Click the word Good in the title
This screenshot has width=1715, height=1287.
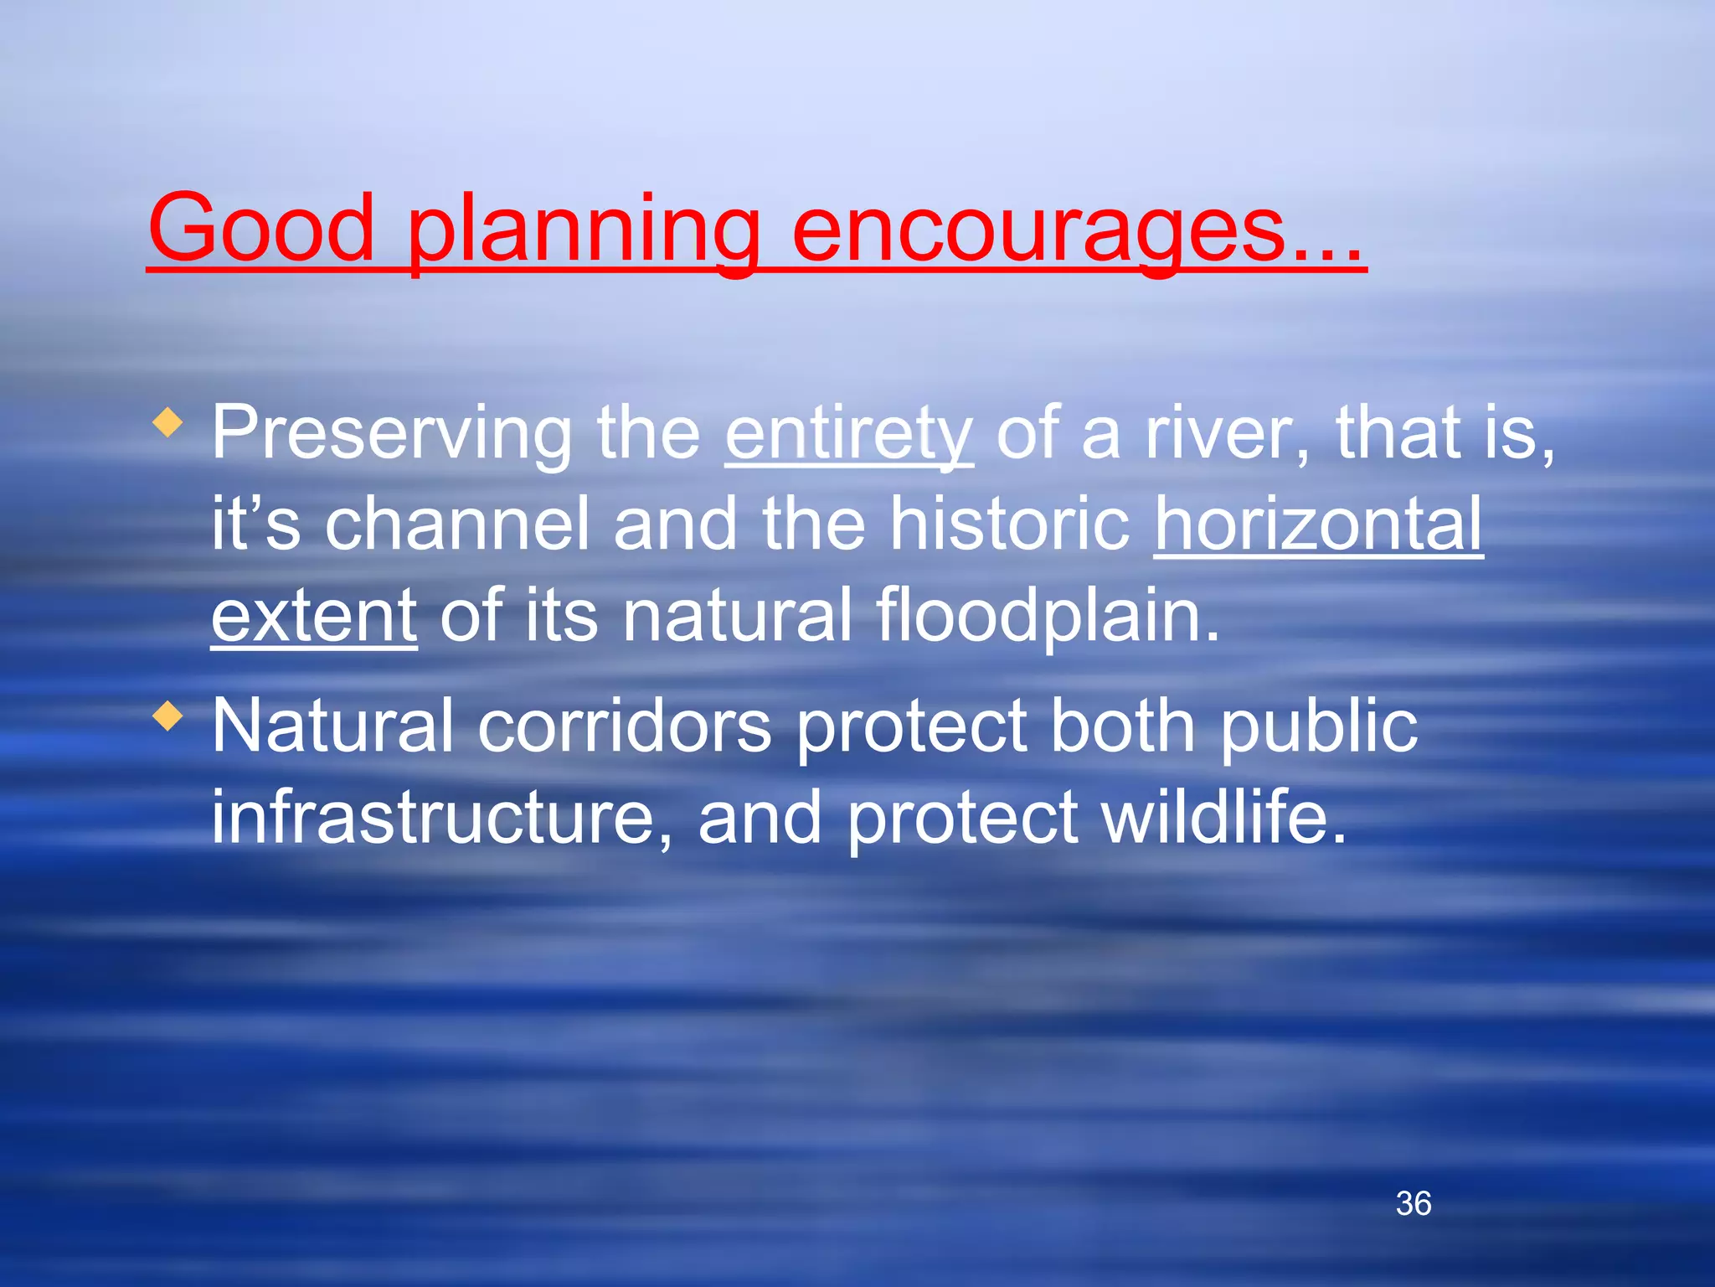260,228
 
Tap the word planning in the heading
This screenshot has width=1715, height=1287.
583,230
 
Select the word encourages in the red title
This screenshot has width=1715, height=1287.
1038,230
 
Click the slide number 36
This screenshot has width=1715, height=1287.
1414,1204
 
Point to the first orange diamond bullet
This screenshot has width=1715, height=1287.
168,423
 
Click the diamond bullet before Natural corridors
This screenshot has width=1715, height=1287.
168,716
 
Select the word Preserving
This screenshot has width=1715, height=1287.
391,434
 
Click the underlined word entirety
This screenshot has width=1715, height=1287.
848,434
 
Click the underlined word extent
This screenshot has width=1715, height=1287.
314,616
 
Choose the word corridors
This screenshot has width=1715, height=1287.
624,726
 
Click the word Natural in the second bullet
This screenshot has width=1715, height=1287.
332,726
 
